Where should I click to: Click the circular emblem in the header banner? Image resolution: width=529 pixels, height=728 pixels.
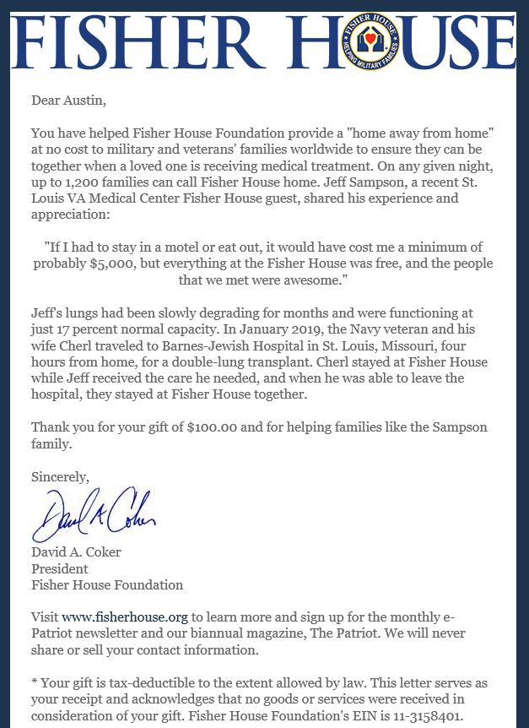[369, 41]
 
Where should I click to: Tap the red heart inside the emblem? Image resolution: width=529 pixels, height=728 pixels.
[369, 38]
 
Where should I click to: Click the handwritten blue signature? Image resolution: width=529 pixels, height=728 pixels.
[93, 512]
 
